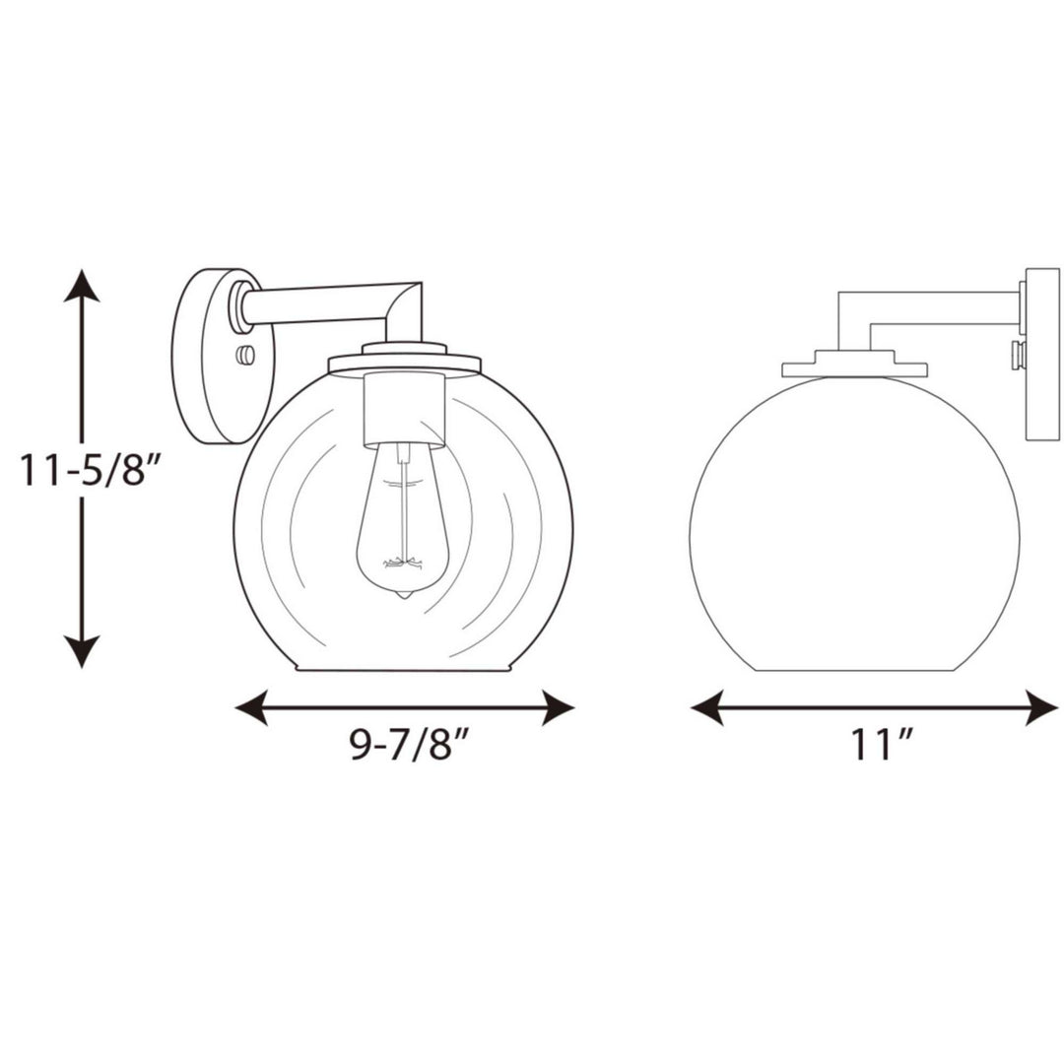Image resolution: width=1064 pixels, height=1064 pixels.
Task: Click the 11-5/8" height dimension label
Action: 82,470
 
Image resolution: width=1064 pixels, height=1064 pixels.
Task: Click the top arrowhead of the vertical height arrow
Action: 82,285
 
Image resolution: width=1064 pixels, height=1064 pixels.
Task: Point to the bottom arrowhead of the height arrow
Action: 82,651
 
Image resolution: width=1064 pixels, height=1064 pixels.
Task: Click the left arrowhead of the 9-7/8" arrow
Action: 251,707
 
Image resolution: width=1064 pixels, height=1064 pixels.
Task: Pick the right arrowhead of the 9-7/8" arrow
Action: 558,707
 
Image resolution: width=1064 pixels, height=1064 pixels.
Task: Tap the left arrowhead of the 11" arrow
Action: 707,707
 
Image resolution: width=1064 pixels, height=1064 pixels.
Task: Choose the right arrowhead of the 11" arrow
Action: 1041,707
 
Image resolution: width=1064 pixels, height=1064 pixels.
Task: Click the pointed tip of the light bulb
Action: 404,595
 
